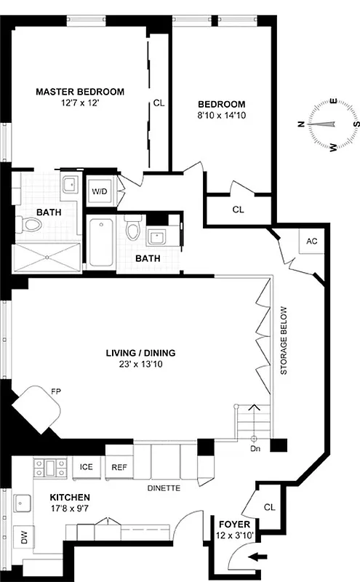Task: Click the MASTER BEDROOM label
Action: (80, 92)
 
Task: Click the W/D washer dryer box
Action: (100, 192)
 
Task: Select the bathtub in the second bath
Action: (100, 242)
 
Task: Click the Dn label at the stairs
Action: (254, 450)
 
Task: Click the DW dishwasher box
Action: (23, 539)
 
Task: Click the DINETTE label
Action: (164, 488)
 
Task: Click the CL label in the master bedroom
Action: (159, 103)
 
